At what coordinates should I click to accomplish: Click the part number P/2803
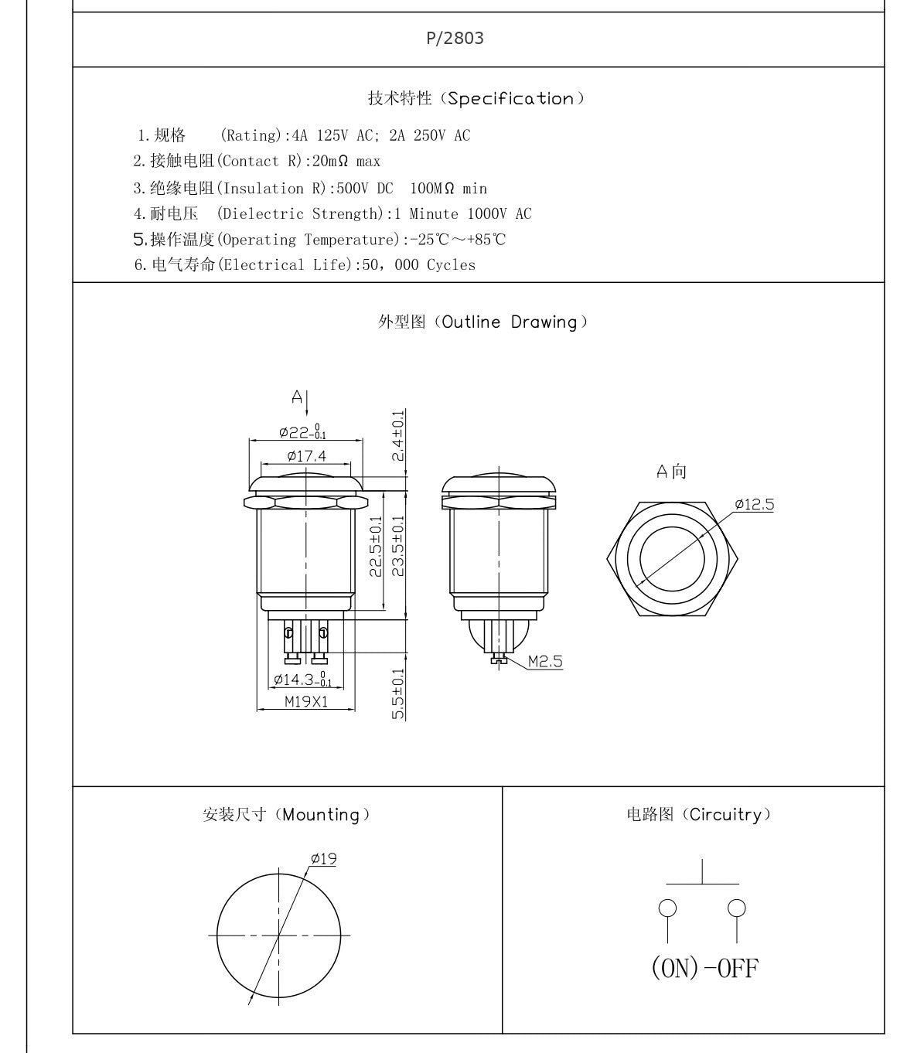click(x=455, y=39)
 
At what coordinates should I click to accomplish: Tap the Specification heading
click(x=476, y=98)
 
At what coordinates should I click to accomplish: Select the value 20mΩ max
click(x=346, y=161)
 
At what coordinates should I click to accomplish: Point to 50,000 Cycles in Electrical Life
click(x=418, y=265)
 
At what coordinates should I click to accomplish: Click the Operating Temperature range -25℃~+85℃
click(x=458, y=240)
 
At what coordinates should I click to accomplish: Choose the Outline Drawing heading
click(x=483, y=322)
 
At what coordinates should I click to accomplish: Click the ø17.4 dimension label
click(x=306, y=456)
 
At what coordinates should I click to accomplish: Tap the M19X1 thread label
click(x=306, y=702)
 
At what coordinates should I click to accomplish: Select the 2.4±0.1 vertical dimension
click(x=398, y=435)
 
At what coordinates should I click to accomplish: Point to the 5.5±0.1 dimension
click(x=398, y=693)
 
